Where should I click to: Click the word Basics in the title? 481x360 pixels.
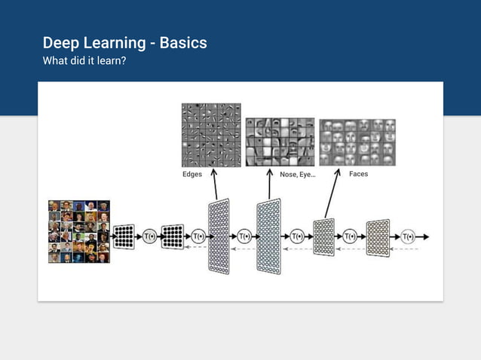[180, 43]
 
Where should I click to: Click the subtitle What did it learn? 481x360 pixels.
[84, 60]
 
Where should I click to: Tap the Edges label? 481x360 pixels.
[192, 174]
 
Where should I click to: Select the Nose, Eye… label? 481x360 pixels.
[297, 174]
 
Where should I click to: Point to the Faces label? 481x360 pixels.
[358, 174]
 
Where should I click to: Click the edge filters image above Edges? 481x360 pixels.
[211, 135]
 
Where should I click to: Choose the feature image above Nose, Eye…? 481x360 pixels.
[280, 142]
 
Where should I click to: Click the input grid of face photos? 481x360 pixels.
[79, 231]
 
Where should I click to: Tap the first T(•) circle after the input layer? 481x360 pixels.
[150, 236]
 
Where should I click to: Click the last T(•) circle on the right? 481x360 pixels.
[408, 236]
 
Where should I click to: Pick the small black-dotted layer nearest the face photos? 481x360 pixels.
[124, 236]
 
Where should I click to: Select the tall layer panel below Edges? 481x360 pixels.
[218, 236]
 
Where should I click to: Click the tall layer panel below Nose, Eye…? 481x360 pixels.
[268, 236]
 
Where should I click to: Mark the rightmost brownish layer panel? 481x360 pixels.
[378, 237]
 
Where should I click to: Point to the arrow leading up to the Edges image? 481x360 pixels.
[214, 185]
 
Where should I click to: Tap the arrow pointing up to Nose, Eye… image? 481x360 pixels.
[270, 185]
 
